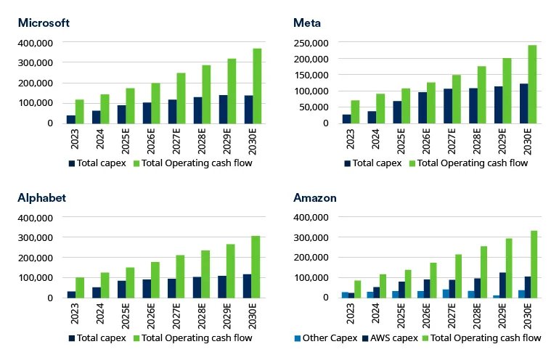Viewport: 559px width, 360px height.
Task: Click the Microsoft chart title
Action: pyautogui.click(x=44, y=22)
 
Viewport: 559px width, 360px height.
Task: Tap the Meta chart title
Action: pyautogui.click(x=307, y=22)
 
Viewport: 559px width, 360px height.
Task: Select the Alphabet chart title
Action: pyautogui.click(x=41, y=197)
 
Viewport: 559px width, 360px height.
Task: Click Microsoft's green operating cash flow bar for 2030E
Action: pyautogui.click(x=257, y=86)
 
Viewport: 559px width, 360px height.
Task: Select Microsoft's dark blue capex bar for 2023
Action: pyautogui.click(x=71, y=119)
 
